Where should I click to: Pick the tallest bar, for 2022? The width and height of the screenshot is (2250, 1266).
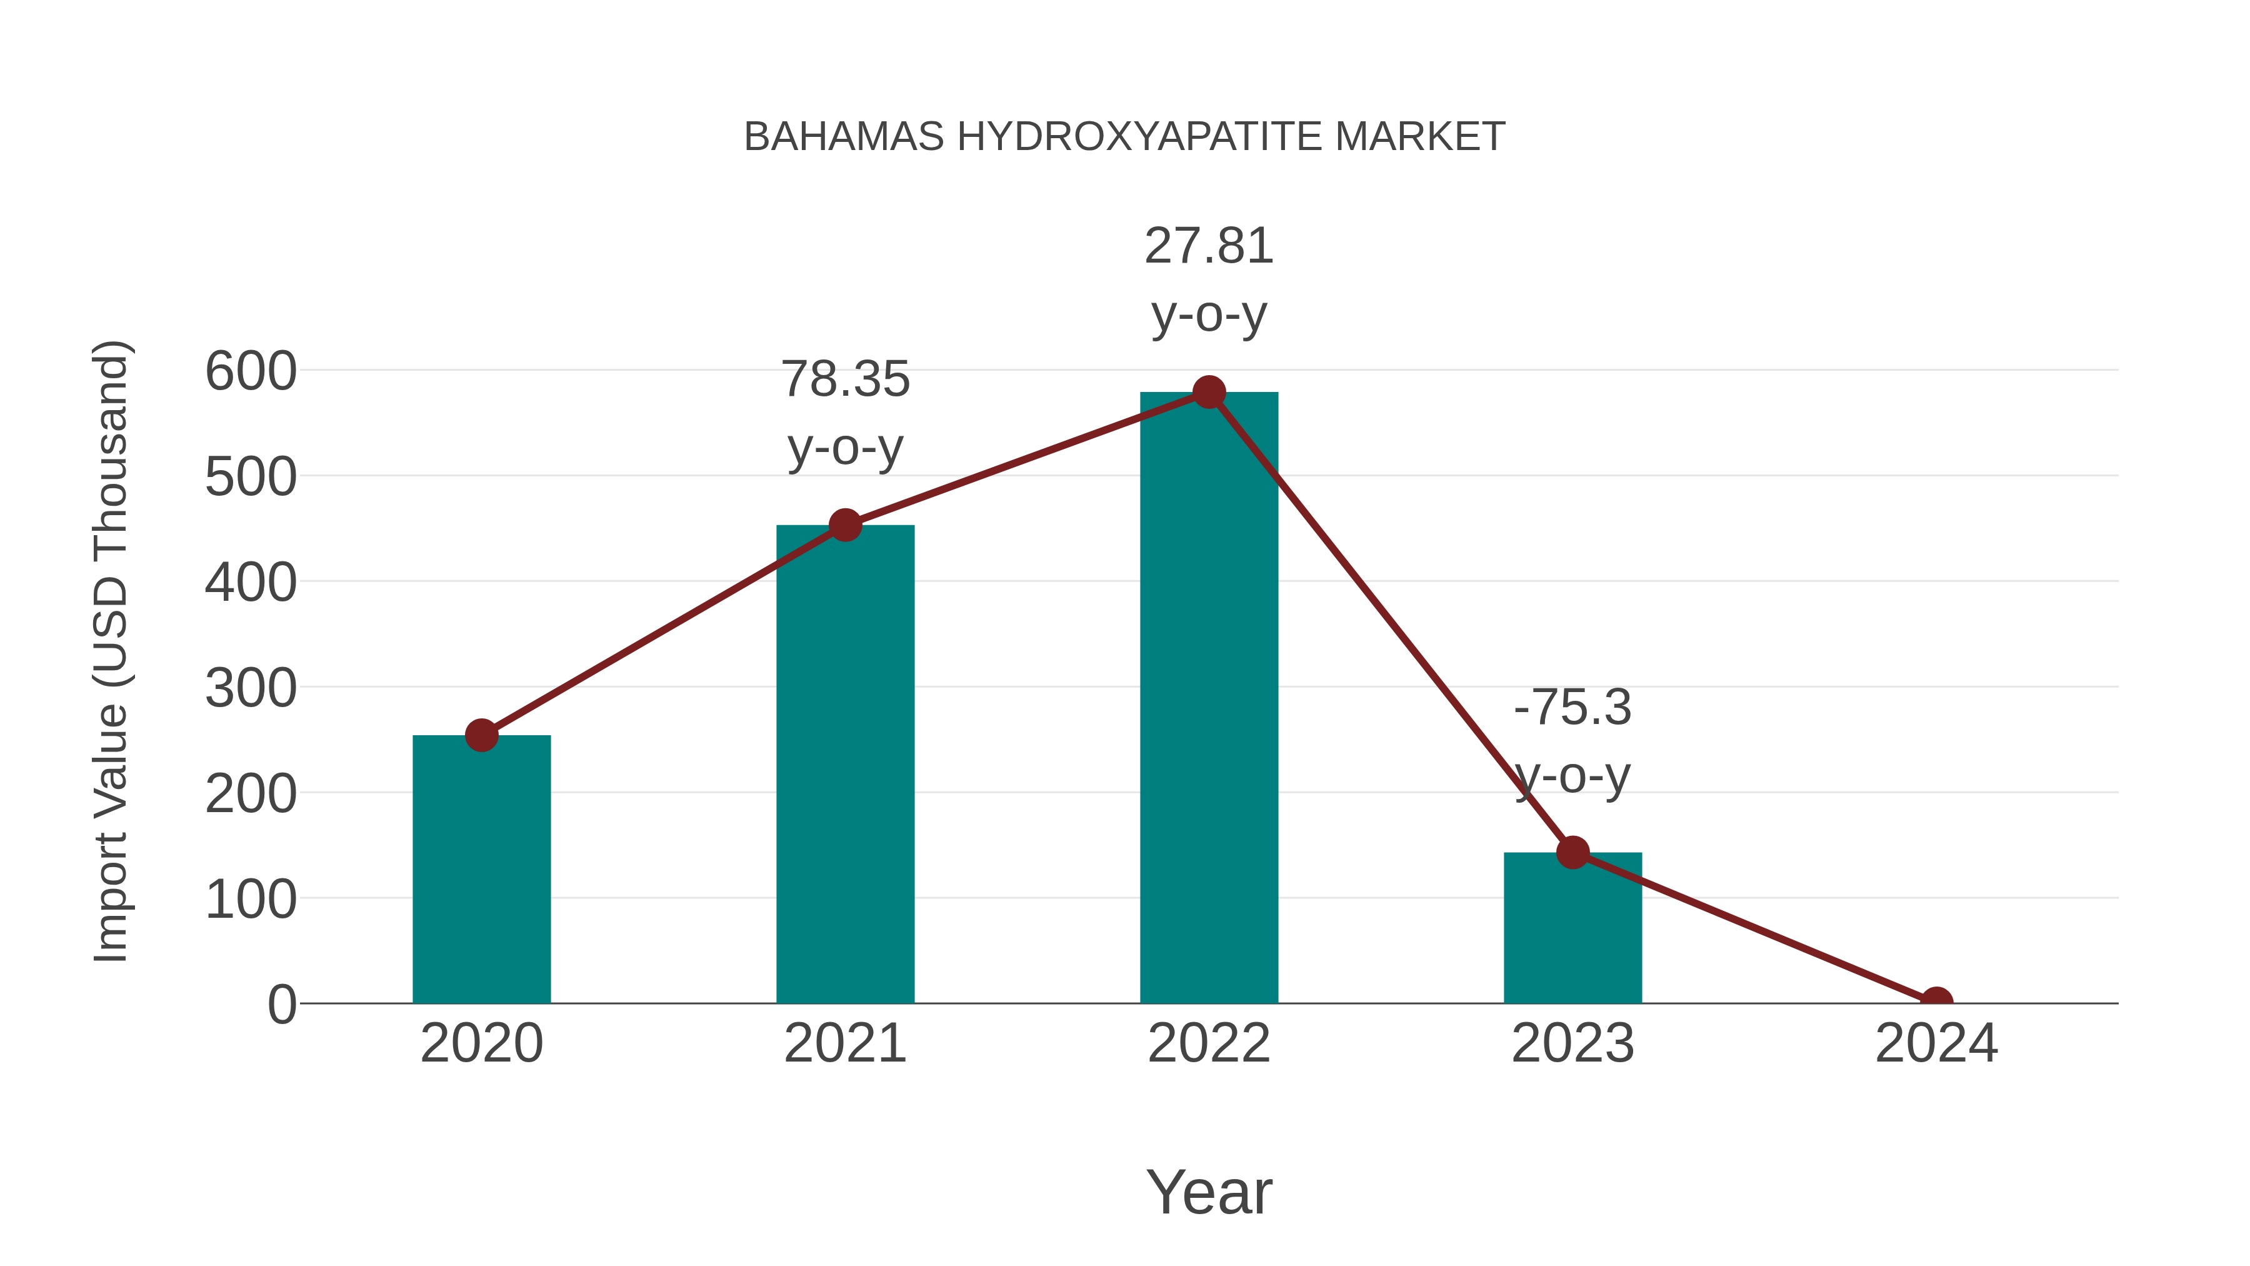point(1209,699)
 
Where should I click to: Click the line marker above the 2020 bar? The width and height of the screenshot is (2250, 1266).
point(481,736)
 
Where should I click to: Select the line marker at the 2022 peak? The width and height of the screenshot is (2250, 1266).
point(1209,392)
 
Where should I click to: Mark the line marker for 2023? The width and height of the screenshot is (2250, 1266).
point(1572,852)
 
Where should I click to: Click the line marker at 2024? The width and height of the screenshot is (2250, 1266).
point(1936,1002)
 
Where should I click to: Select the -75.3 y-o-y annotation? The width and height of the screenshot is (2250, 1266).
point(1572,741)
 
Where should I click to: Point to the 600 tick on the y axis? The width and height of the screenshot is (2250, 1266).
point(251,371)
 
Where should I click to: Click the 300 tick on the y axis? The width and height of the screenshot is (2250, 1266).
point(251,688)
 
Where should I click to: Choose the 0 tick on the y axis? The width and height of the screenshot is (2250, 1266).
point(282,1005)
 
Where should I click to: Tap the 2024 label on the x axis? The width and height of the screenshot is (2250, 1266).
point(1936,1043)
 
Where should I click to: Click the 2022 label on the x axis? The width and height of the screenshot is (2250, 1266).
point(1209,1043)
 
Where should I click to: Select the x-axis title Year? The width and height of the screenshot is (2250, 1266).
point(1209,1192)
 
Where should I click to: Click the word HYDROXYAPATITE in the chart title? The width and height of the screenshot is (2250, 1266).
point(1139,136)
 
